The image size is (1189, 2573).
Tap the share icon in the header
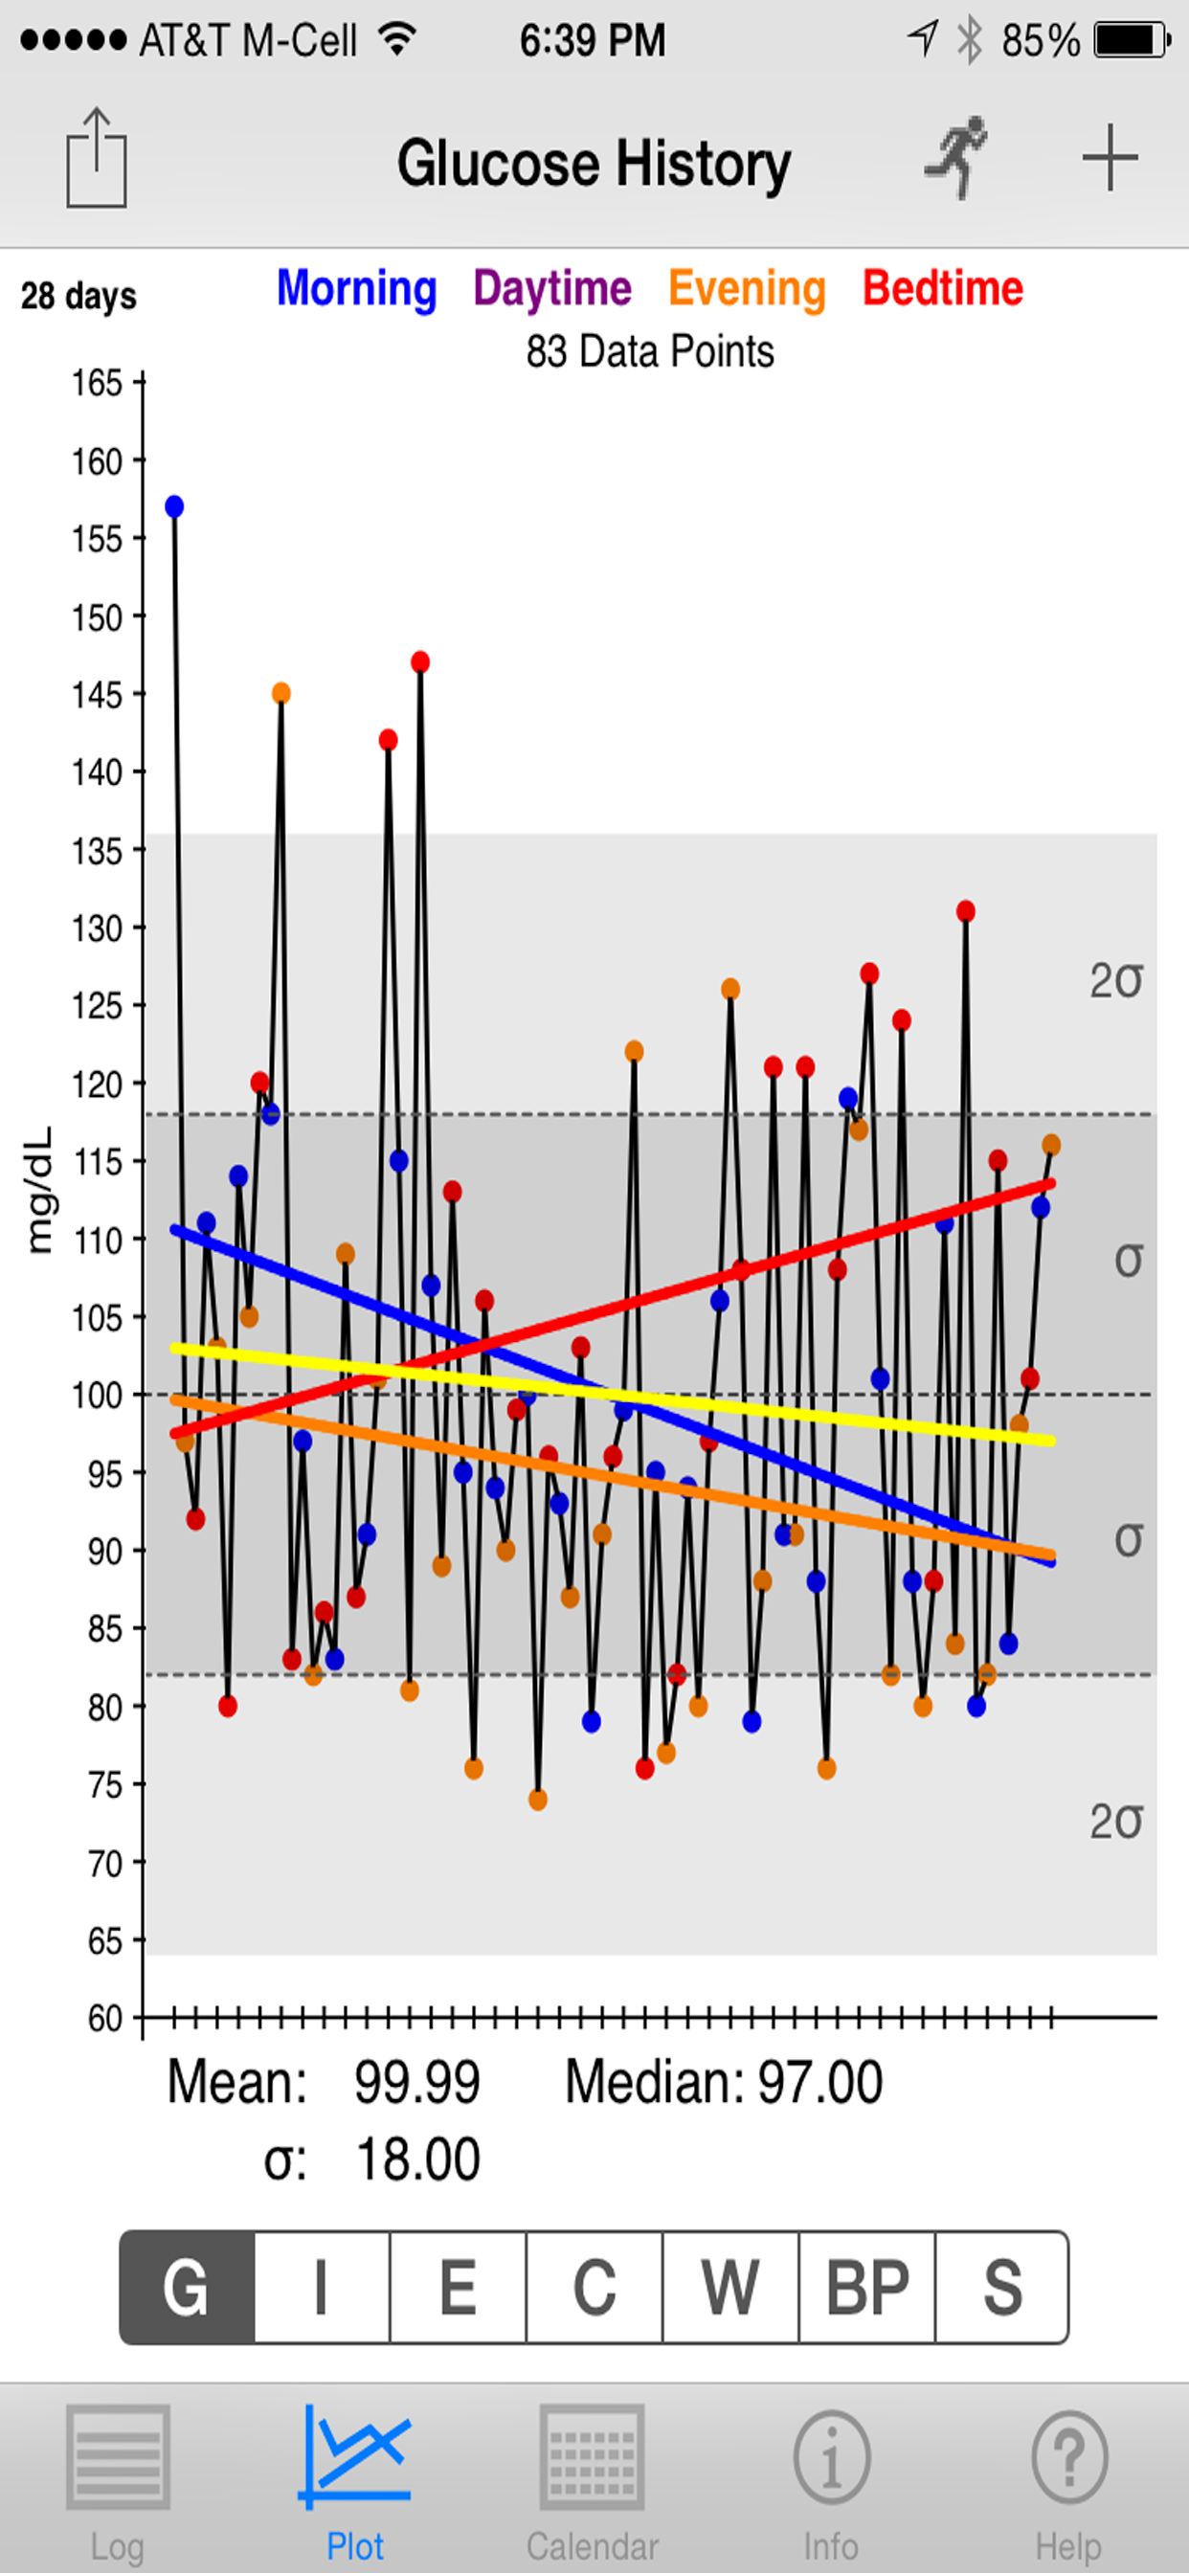click(96, 158)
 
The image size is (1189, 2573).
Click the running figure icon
click(957, 158)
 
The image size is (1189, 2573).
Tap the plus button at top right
click(1110, 158)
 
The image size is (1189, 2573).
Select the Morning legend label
click(357, 289)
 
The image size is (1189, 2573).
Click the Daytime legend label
click(552, 289)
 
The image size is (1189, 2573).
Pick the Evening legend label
click(748, 289)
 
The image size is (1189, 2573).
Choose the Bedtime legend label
click(943, 288)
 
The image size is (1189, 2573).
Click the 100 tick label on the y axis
click(97, 1396)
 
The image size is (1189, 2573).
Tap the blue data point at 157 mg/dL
click(175, 506)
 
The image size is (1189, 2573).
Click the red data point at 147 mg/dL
click(420, 662)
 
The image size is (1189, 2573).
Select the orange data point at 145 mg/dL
click(281, 693)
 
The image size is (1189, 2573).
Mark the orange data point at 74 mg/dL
click(538, 1800)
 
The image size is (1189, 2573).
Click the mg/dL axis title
click(39, 1190)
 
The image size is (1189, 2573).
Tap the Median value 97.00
click(820, 2083)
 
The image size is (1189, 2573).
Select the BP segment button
click(867, 2287)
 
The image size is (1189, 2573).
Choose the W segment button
click(731, 2287)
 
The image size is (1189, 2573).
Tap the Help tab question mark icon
click(1069, 2457)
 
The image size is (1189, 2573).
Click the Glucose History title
click(594, 164)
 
